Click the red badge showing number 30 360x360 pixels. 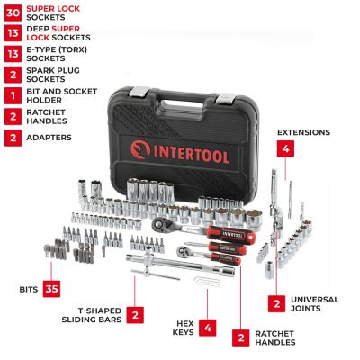[13, 13]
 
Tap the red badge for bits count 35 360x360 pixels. [52, 289]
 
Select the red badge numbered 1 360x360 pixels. [13, 94]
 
